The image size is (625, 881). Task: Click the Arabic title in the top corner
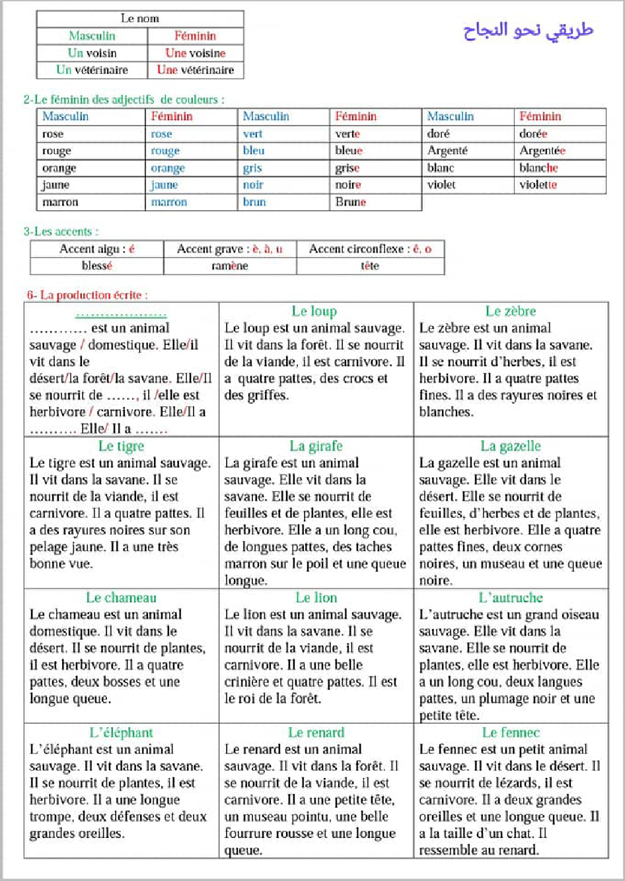pyautogui.click(x=528, y=30)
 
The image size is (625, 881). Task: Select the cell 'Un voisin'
pyautogui.click(x=92, y=53)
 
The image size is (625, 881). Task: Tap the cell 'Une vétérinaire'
pyautogui.click(x=195, y=70)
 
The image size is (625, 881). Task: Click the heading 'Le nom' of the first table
pyautogui.click(x=139, y=19)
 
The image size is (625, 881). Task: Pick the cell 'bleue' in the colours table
pyautogui.click(x=349, y=151)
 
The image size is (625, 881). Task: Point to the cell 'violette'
pyautogui.click(x=538, y=185)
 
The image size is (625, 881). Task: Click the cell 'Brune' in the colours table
pyautogui.click(x=350, y=202)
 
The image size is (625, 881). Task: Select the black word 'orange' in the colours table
pyautogui.click(x=59, y=168)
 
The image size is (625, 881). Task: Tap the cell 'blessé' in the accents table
pyautogui.click(x=97, y=266)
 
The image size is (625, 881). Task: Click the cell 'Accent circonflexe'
pyautogui.click(x=370, y=249)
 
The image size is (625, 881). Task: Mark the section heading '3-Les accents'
pyautogui.click(x=61, y=231)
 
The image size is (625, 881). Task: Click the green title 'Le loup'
pyautogui.click(x=314, y=311)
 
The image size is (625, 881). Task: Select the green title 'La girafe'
pyautogui.click(x=316, y=446)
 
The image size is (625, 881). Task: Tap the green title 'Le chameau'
pyautogui.click(x=122, y=597)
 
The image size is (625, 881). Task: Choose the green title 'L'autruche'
pyautogui.click(x=511, y=597)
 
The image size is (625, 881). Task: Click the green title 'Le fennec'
pyautogui.click(x=511, y=732)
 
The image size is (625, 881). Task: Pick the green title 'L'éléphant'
pyautogui.click(x=122, y=732)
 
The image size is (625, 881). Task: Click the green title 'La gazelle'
pyautogui.click(x=511, y=446)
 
